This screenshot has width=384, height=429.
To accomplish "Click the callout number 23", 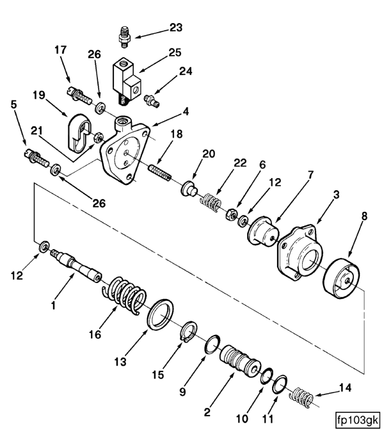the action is (175, 28).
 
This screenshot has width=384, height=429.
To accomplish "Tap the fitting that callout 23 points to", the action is (125, 37).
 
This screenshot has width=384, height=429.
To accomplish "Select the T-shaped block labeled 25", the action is (127, 81).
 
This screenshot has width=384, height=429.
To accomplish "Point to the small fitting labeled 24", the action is (152, 101).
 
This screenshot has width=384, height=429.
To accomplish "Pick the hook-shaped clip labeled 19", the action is (79, 133).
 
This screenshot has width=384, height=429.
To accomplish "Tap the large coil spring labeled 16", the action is (125, 295).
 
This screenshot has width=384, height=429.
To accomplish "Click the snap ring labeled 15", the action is (189, 332).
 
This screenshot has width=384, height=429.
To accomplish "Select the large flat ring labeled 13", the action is (160, 314).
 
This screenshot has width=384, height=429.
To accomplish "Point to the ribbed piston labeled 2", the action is (240, 361).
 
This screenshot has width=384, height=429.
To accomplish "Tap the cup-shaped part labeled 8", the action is (342, 279).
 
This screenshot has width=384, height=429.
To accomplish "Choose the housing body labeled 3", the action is (300, 252).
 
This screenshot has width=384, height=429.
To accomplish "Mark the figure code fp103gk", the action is (358, 419).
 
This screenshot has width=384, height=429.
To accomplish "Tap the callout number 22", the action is (240, 163).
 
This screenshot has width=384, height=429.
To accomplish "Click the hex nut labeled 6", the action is (232, 214).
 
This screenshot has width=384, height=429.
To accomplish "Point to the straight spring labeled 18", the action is (160, 172).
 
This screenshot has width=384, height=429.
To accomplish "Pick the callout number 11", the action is (268, 419).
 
